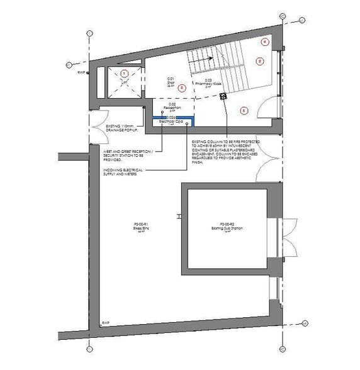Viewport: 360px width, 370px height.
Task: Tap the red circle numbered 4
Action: [265, 42]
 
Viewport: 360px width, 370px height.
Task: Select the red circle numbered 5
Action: [244, 110]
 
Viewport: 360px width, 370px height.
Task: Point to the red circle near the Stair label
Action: [182, 88]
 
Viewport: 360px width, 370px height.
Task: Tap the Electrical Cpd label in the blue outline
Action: [171, 121]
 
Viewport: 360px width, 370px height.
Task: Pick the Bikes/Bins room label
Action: [140, 226]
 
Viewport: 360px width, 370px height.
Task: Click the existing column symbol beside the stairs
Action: [223, 96]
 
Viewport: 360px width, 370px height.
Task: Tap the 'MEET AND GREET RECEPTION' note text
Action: [124, 155]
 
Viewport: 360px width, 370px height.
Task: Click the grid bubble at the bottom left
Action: [91, 348]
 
